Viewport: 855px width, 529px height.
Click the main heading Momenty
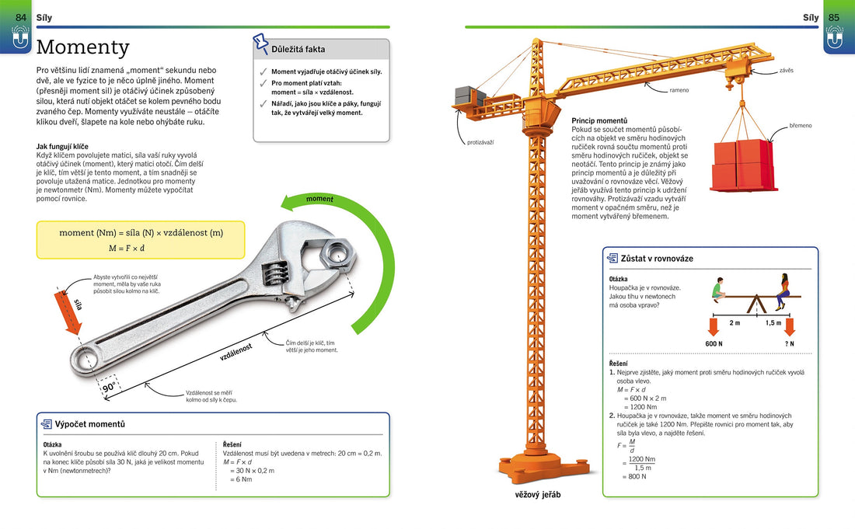point(83,47)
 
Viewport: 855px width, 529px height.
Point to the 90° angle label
point(110,386)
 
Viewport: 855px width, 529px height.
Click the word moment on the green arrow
point(319,200)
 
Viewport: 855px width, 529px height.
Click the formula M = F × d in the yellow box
point(126,249)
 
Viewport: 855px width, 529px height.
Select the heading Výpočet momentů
point(89,424)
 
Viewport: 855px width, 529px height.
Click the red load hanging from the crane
point(743,165)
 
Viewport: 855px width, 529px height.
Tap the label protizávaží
point(480,142)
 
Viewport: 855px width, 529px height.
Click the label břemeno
point(801,125)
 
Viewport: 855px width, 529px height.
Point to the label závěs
point(786,71)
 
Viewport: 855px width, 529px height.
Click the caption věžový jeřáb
point(537,495)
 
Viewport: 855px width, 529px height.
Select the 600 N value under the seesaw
point(714,343)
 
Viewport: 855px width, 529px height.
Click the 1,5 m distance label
point(773,322)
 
